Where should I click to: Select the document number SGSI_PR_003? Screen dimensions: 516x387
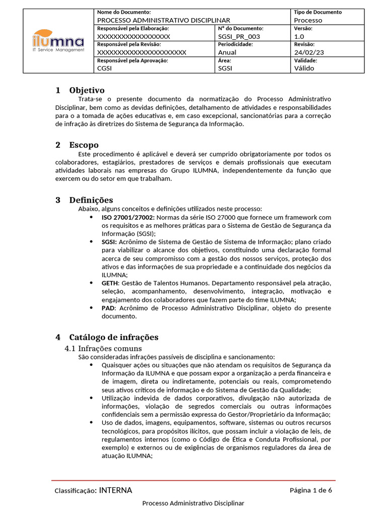pos(240,36)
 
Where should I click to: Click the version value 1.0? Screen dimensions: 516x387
pos(299,36)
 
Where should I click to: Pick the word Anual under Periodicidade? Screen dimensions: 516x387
pos(227,52)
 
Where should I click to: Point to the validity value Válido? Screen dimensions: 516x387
pos(304,68)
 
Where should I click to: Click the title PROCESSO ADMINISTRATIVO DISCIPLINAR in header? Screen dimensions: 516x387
pos(164,20)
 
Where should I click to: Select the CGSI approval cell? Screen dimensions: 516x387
pos(104,68)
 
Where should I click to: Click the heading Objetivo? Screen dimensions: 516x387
pos(87,90)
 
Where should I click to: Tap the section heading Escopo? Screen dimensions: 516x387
pos(84,145)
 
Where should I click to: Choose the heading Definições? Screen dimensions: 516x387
pos(91,200)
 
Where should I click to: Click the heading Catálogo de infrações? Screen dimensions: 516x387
pos(114,337)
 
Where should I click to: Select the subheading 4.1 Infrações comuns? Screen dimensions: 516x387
pos(103,348)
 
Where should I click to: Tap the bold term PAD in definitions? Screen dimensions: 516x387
pos(108,307)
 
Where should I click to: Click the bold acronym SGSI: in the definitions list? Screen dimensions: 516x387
pos(109,242)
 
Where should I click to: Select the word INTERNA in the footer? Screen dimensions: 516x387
pos(116,490)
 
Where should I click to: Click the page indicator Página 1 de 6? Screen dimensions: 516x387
pos(310,490)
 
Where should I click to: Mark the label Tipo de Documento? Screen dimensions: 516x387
pos(317,12)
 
